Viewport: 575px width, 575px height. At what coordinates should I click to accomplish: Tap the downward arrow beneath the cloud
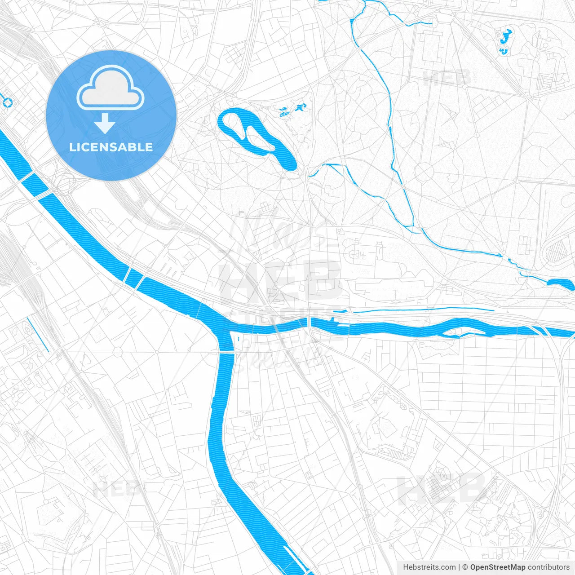(x=105, y=124)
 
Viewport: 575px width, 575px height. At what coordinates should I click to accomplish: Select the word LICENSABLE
(x=111, y=147)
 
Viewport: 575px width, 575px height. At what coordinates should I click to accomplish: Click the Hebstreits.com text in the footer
(x=429, y=567)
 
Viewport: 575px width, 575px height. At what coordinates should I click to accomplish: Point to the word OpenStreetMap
(x=498, y=567)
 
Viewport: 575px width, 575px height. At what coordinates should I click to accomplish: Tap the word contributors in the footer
(x=548, y=567)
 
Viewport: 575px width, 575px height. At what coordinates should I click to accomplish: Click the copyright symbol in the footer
(x=465, y=567)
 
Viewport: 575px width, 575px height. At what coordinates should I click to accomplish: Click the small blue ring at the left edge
(x=8, y=103)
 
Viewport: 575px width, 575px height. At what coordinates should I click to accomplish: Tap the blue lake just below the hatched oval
(x=561, y=283)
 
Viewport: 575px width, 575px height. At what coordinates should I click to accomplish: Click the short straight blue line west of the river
(x=37, y=335)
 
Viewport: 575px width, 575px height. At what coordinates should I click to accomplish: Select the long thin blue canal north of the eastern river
(x=422, y=310)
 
